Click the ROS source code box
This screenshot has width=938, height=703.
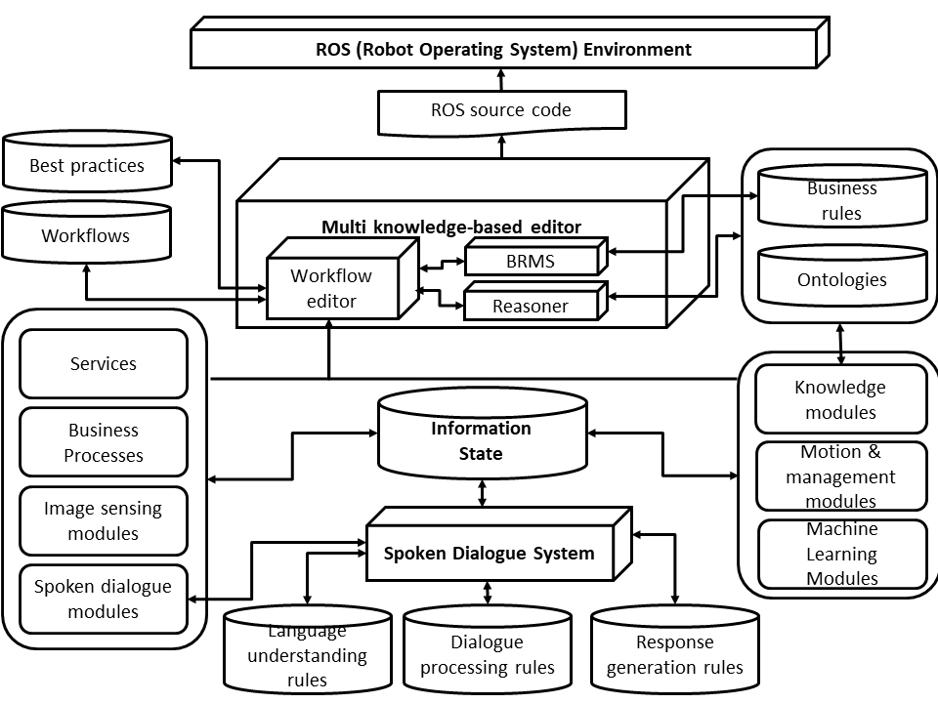pos(501,110)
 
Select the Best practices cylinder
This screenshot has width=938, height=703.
pos(87,165)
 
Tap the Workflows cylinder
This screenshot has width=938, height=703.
pos(86,235)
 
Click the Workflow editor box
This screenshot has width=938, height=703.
pos(331,288)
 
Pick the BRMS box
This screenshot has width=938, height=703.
pos(531,261)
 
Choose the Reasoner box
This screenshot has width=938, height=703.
pos(531,306)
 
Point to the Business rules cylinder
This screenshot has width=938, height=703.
pos(842,200)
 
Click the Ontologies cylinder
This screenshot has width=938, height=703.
pos(842,279)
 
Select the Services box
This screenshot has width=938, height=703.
pos(104,363)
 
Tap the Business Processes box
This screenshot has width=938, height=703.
pos(104,442)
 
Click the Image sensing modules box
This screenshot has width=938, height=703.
pos(104,520)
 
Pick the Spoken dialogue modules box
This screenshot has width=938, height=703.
pos(104,599)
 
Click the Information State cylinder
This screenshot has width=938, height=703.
pos(482,439)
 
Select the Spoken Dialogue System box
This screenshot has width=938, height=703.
pos(489,554)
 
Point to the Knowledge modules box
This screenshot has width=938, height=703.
pos(841,399)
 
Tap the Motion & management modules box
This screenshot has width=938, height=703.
pos(841,476)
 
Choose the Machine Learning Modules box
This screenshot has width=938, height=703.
pos(841,554)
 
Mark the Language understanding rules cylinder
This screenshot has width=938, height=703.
pos(308,655)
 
